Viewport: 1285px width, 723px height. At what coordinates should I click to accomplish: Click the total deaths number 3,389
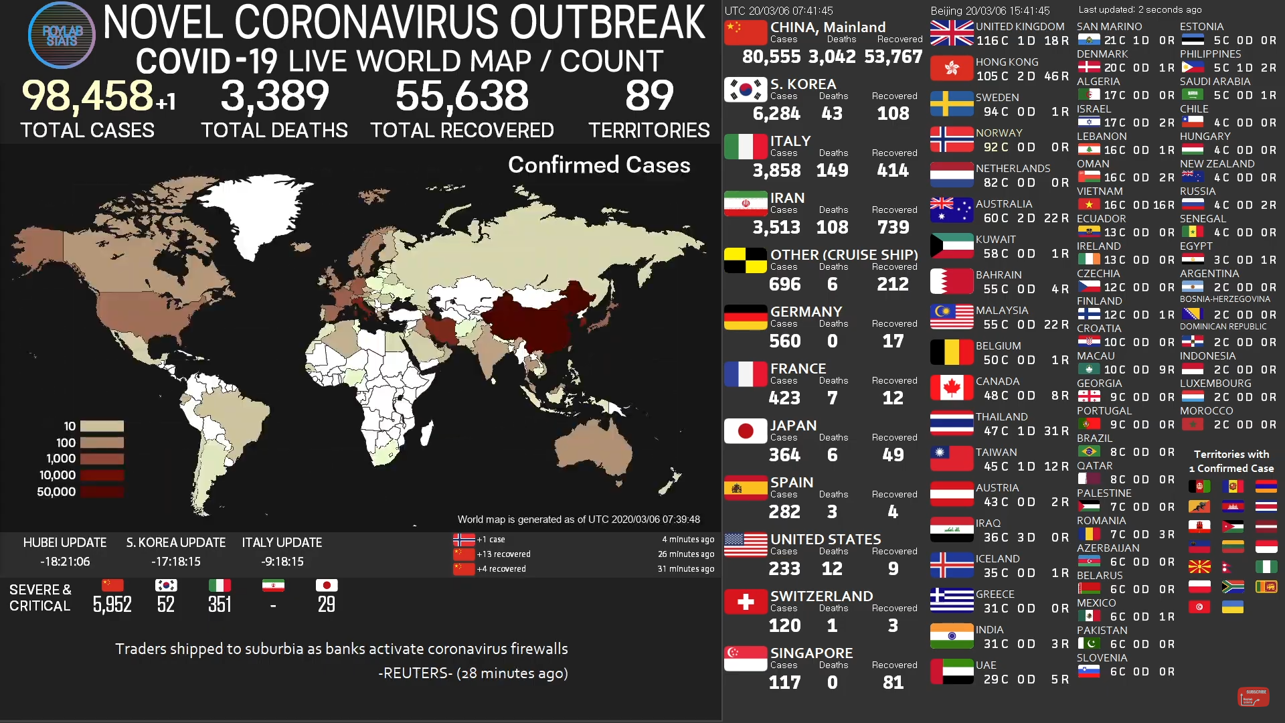pos(274,96)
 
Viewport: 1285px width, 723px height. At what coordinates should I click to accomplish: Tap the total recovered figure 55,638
pos(462,96)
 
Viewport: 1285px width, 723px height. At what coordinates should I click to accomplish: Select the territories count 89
pos(649,96)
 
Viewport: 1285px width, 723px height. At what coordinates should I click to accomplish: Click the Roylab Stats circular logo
pos(62,35)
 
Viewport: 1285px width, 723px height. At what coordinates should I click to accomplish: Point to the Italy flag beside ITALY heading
pos(746,146)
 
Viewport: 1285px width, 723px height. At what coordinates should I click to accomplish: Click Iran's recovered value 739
pos(893,228)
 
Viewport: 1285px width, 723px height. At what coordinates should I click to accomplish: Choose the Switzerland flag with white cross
pos(746,602)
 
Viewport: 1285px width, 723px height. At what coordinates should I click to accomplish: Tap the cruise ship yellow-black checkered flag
pos(746,260)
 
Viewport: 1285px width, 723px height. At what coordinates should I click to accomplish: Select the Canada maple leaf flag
pos(952,388)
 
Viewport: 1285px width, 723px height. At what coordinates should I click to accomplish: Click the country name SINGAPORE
pos(811,653)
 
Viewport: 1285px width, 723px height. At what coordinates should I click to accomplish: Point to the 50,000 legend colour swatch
pos(102,492)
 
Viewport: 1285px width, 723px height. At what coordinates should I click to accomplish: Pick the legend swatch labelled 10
pos(102,426)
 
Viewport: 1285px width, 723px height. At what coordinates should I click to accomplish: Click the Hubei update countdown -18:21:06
pos(65,562)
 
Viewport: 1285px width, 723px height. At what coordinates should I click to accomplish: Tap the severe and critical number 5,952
pos(112,605)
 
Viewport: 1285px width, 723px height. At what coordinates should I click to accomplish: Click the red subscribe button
pos(1253,696)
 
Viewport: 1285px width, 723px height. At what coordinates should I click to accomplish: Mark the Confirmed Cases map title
pos(599,165)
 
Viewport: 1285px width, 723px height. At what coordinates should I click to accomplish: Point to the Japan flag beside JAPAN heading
pos(746,431)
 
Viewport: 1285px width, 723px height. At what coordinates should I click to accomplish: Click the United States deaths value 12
pos(832,569)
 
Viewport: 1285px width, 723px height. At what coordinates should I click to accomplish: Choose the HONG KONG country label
pos(1007,62)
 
